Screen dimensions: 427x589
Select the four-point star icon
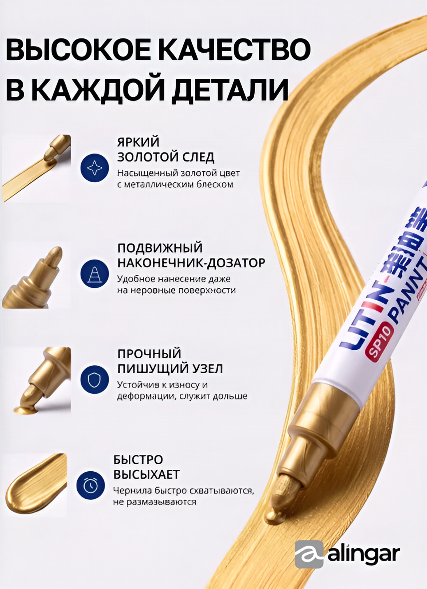tap(95, 168)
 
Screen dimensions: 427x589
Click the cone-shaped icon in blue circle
tap(95, 275)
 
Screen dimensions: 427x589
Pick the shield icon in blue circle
tap(95, 381)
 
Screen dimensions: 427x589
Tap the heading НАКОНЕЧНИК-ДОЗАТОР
tap(191, 263)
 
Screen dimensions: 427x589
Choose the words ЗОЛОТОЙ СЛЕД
tap(166, 157)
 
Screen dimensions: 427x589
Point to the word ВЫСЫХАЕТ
tap(146, 474)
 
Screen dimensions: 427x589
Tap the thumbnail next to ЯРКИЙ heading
tap(36, 168)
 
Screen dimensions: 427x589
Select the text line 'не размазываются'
tap(155, 502)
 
